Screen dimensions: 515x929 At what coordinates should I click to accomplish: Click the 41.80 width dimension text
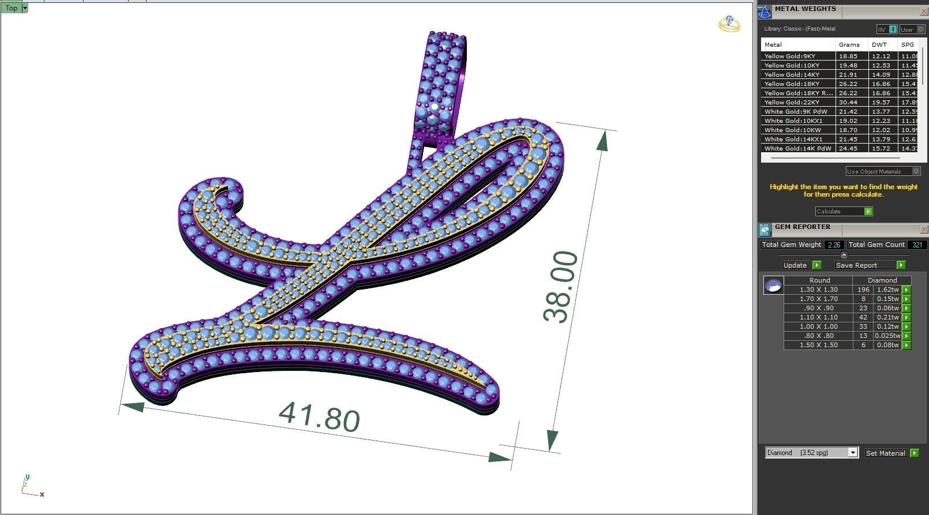coord(319,416)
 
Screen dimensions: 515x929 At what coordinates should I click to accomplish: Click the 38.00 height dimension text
coord(560,287)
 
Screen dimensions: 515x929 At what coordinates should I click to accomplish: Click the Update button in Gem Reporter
coord(796,265)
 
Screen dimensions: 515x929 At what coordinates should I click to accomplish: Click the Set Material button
coord(886,453)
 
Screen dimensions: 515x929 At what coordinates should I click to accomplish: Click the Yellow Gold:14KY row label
coord(792,74)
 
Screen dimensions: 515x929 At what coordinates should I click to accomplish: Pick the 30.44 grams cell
coord(848,102)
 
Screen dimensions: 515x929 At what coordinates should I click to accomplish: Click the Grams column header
coord(849,44)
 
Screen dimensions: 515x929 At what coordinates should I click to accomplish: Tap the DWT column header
coord(879,44)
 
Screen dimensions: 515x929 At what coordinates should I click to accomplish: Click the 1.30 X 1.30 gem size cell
coord(818,290)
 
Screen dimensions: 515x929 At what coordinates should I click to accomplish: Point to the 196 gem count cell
coord(863,290)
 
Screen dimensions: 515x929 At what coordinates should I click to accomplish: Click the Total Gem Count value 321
coord(917,245)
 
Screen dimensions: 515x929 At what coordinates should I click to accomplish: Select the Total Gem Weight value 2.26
coord(834,245)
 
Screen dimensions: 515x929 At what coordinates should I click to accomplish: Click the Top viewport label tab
coord(12,8)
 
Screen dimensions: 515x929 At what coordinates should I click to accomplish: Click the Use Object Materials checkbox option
coord(916,171)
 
